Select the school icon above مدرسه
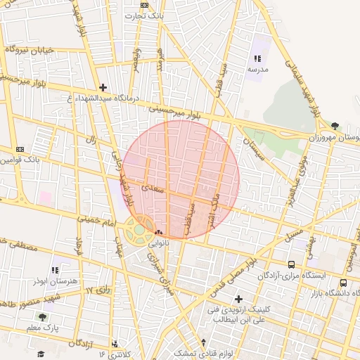click(x=257, y=59)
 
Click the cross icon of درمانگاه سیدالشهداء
click(x=103, y=88)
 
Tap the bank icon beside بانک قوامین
click(x=20, y=149)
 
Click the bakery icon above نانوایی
click(x=158, y=233)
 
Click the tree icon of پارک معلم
click(x=42, y=317)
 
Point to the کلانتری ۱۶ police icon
click(x=115, y=344)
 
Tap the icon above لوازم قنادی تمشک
click(x=204, y=342)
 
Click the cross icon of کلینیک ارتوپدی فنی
click(x=238, y=299)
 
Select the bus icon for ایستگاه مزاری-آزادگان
click(x=291, y=264)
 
